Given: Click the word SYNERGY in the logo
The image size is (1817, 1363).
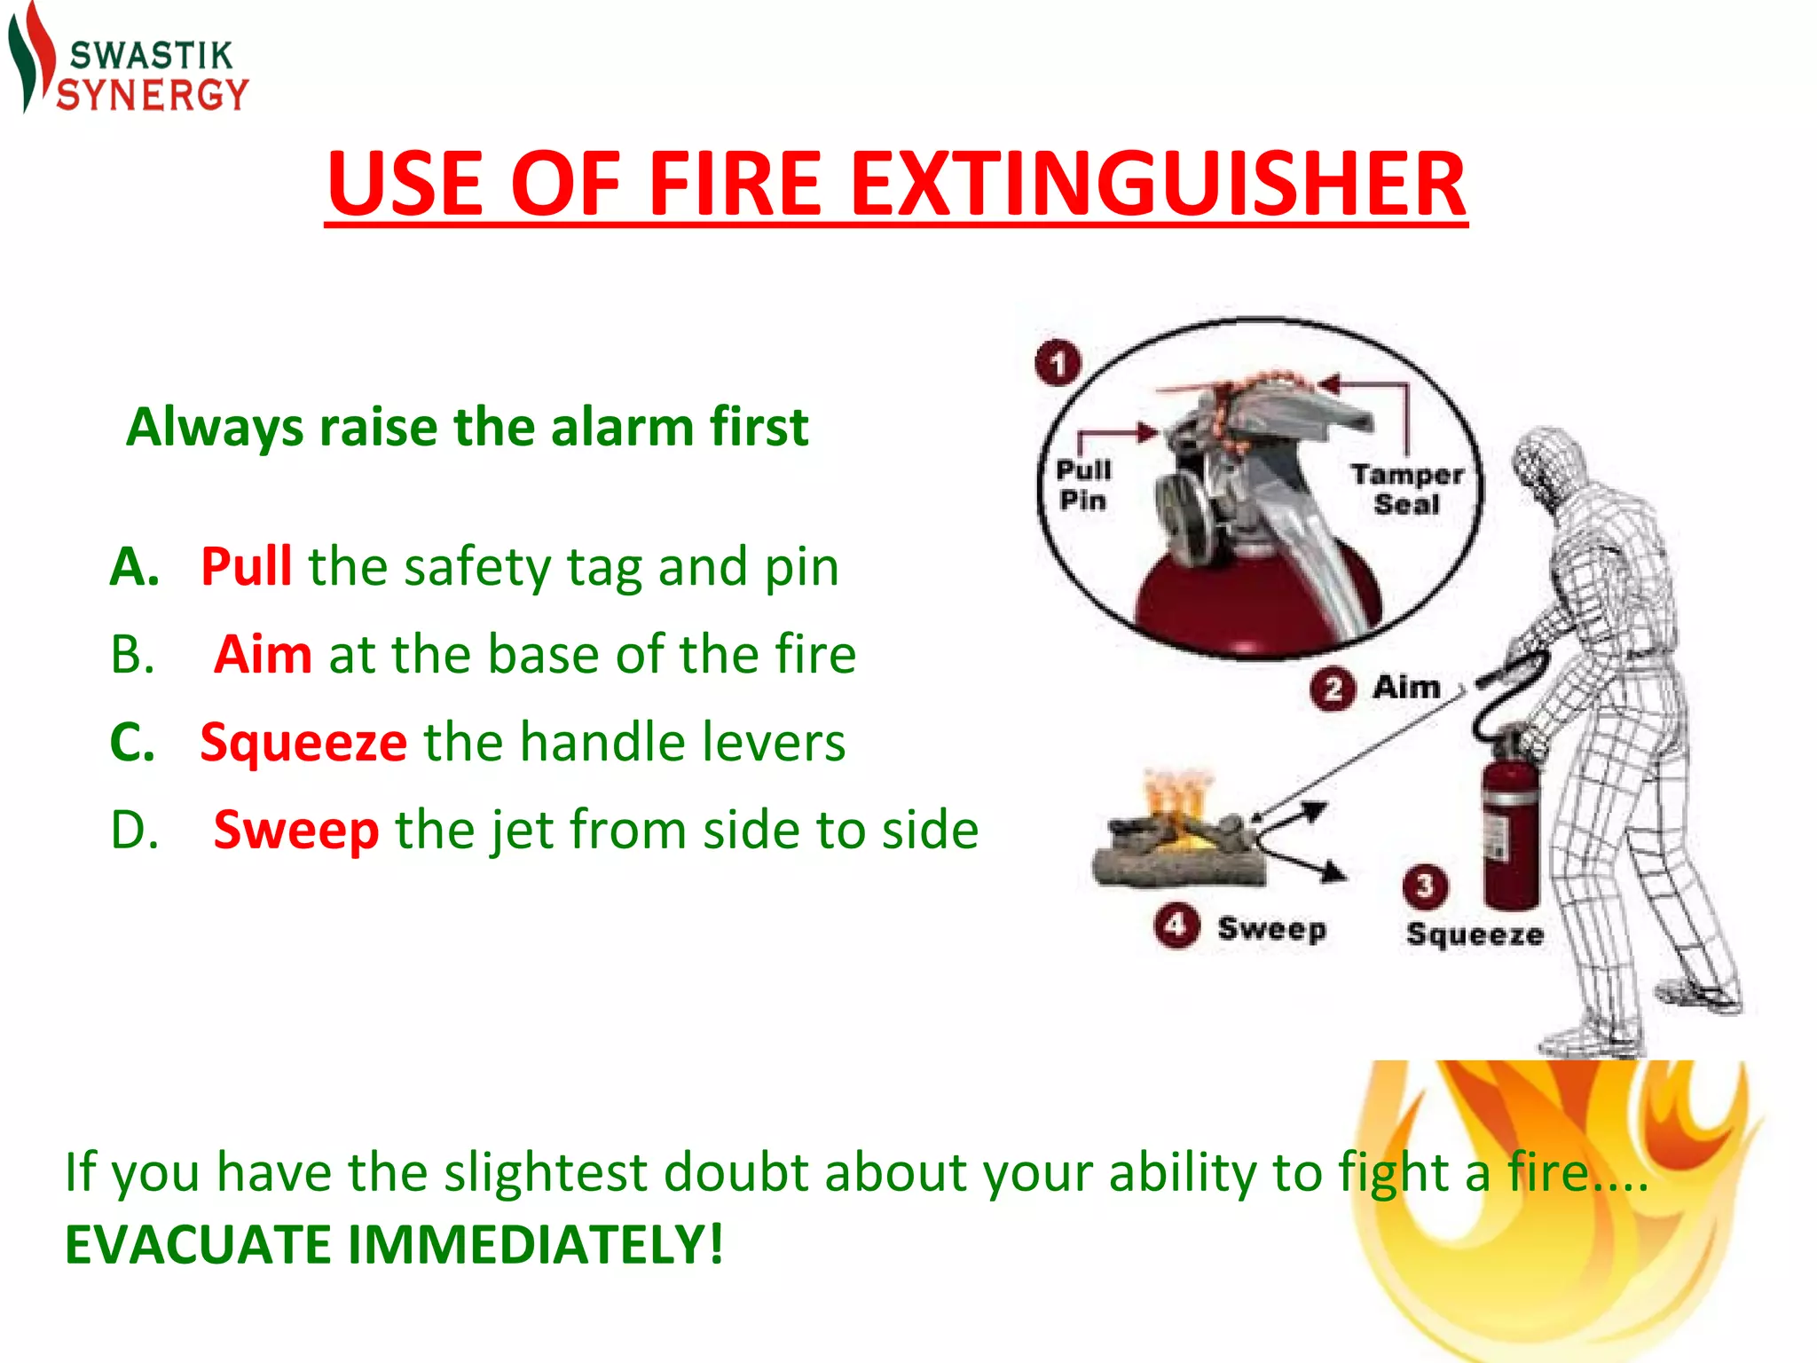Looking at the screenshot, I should click(152, 95).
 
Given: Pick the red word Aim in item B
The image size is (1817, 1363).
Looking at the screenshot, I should click(263, 655).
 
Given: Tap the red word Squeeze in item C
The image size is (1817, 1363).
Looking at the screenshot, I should click(303, 742).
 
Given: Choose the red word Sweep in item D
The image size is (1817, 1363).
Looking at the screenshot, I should click(296, 830).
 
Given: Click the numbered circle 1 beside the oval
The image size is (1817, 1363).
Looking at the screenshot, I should click(1058, 364).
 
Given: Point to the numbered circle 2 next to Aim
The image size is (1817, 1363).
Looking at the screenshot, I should click(1332, 689).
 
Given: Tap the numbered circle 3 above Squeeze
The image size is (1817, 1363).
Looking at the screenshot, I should click(1424, 885).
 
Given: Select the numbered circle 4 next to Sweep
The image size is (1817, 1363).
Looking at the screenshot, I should click(1176, 926).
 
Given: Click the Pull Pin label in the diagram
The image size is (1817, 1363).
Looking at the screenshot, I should click(1083, 485).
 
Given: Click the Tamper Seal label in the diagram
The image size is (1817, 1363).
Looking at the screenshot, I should click(1407, 490).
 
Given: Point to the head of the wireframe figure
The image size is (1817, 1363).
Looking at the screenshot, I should click(1548, 466).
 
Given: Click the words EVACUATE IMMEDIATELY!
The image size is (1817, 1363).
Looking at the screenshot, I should click(394, 1244).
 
